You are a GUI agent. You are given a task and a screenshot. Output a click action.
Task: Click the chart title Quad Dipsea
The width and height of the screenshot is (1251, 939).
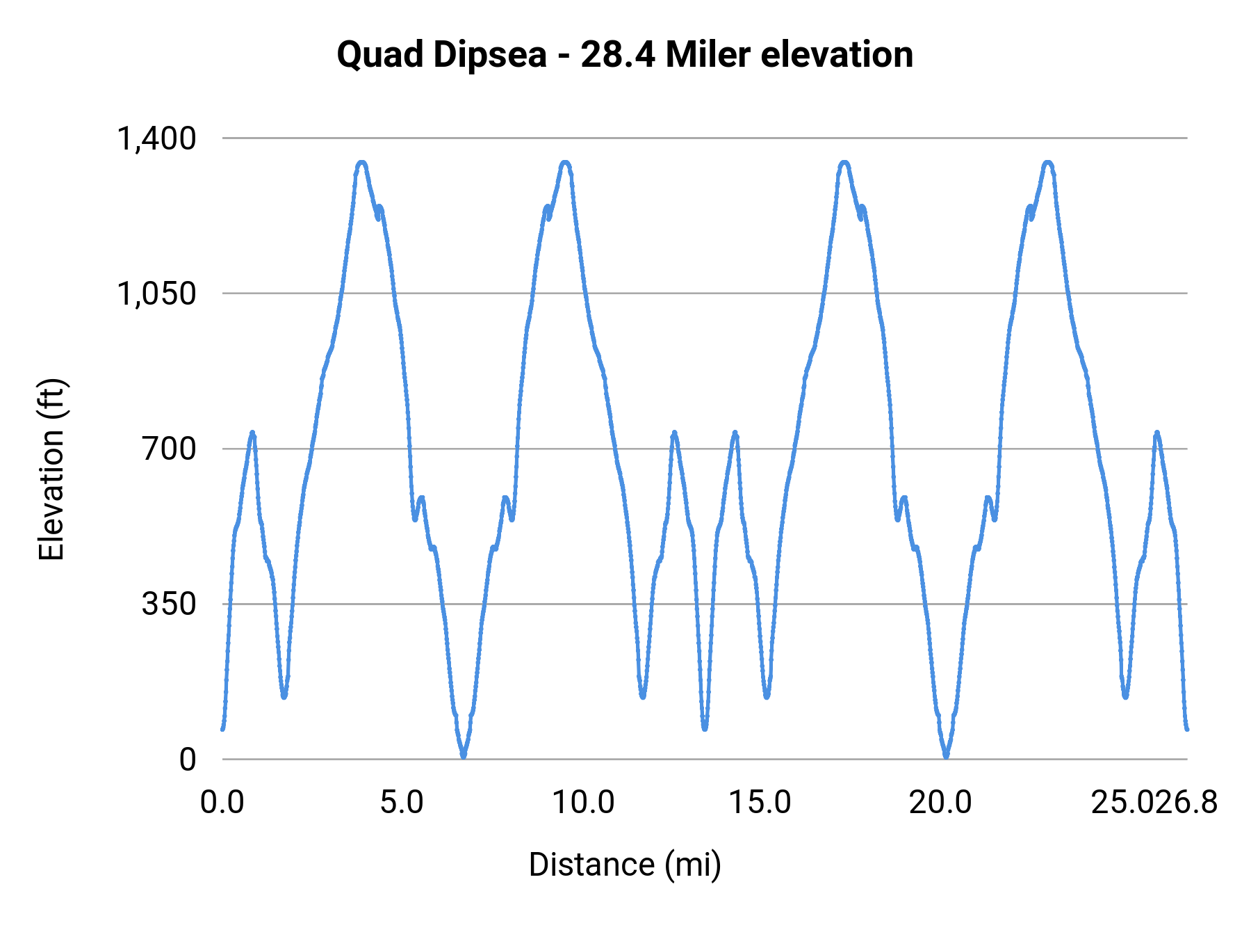coord(441,55)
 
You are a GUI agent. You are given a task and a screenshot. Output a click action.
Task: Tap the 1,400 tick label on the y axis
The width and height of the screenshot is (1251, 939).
coord(156,138)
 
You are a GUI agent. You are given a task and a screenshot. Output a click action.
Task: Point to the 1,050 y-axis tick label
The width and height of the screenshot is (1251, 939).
coord(156,294)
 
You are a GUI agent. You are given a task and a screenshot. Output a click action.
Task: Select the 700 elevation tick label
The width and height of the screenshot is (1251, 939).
coord(170,449)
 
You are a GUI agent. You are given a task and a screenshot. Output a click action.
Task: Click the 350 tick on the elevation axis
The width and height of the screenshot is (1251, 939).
coord(170,604)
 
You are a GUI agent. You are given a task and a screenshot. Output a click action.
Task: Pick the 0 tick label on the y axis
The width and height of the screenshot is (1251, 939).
coord(188,759)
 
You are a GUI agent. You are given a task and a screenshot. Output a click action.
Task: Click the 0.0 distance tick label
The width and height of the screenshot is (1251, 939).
coord(222,803)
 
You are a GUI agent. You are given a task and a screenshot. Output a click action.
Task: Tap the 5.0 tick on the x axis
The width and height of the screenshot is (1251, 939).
coord(402,803)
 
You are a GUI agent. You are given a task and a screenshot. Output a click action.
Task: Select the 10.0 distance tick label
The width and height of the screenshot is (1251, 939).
coord(583,803)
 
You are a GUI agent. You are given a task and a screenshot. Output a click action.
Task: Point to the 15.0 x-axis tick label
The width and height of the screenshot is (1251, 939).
coord(760,803)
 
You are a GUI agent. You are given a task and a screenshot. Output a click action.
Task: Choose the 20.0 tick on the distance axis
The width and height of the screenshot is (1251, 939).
coord(940,803)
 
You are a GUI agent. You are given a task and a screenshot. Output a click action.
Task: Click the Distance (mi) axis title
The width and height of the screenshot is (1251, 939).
coord(625,865)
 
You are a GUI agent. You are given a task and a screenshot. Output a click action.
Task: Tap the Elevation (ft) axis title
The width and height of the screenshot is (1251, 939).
coord(51,469)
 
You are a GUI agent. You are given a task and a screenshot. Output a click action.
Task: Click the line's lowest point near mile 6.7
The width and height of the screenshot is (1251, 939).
coord(464,756)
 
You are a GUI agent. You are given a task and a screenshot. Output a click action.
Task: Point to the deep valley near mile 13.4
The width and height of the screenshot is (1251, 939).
coord(705,728)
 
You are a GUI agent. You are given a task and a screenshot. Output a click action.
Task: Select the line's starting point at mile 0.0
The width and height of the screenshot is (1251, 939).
coord(222,728)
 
